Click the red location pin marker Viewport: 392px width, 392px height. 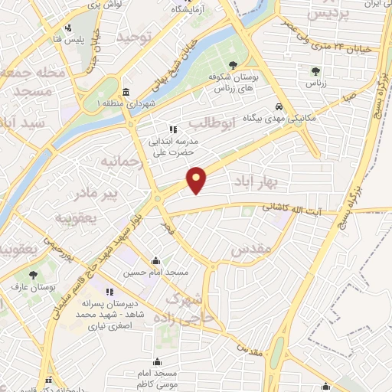click(198, 179)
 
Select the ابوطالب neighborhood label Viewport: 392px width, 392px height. click(204, 123)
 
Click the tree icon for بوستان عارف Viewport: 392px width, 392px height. click(32, 275)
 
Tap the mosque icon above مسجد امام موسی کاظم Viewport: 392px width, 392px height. click(158, 361)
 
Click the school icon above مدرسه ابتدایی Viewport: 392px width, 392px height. click(173, 129)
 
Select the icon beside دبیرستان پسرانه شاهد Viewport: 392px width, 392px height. click(110, 291)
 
